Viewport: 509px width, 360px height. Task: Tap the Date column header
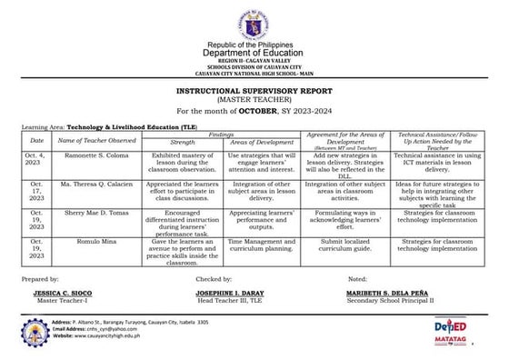click(x=36, y=141)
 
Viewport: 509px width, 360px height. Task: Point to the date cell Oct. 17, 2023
click(x=36, y=190)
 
